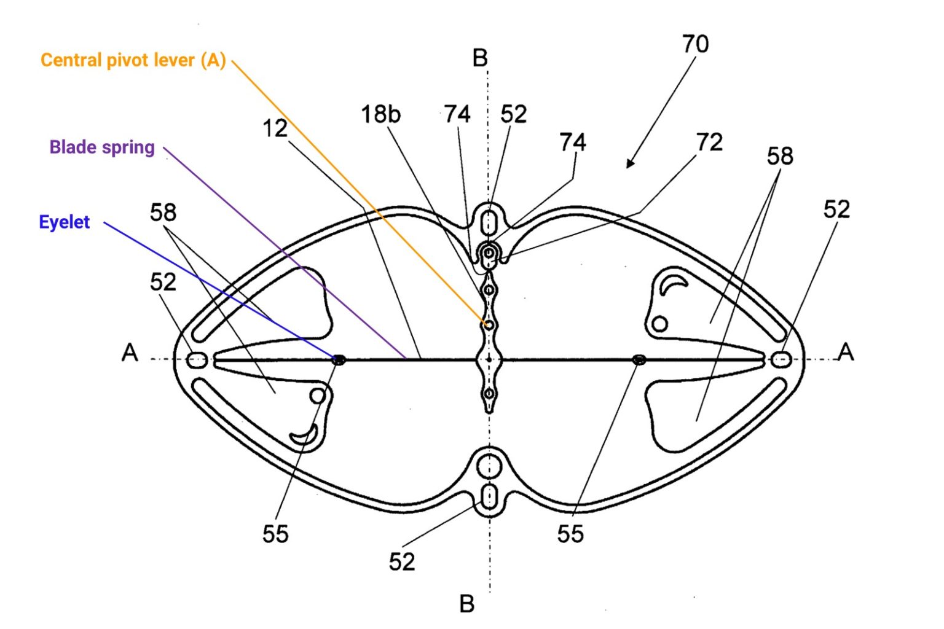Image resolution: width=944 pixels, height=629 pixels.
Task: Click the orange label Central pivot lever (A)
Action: [x=133, y=60]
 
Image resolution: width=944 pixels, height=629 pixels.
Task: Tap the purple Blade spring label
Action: [x=102, y=147]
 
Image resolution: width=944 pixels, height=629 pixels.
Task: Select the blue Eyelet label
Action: [x=64, y=222]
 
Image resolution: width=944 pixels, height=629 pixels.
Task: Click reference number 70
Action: [x=695, y=44]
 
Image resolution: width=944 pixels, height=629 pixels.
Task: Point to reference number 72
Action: [x=709, y=143]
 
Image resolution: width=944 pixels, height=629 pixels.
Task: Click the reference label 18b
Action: [x=380, y=114]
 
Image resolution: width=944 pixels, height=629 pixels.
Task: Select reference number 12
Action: [x=275, y=128]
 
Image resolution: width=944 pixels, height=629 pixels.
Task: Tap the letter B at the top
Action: [x=480, y=59]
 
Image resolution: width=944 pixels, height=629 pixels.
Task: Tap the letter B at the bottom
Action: [x=467, y=604]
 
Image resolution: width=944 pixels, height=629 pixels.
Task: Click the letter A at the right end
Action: [x=846, y=353]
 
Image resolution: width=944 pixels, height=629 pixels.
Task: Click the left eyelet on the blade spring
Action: [x=338, y=360]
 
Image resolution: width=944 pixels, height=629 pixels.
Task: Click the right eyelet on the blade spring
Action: [x=639, y=360]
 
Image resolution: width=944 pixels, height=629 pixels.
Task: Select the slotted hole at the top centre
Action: [x=489, y=221]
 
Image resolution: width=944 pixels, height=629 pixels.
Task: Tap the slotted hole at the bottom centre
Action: [x=489, y=496]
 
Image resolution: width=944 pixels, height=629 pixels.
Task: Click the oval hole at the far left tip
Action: [x=197, y=361]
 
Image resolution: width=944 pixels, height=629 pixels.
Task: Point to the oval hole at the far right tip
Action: [x=781, y=360]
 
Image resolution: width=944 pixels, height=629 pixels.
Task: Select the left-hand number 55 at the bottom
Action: [x=275, y=534]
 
